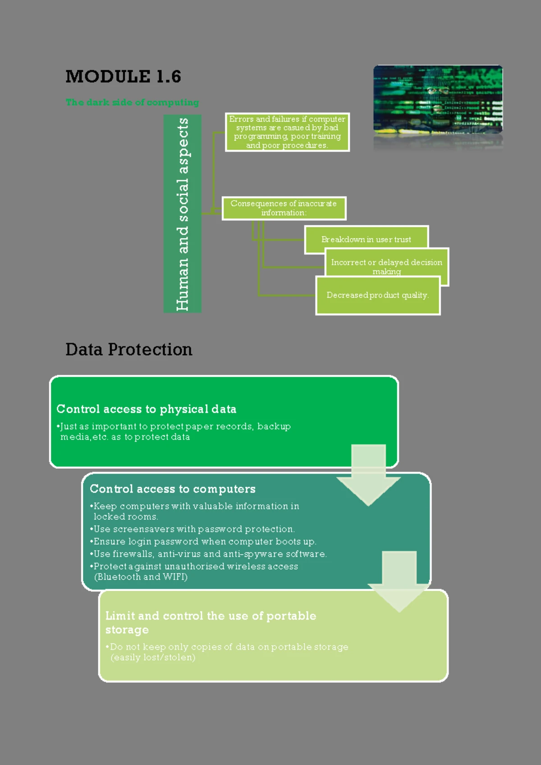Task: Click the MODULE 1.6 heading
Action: point(123,77)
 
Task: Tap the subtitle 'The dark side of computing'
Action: point(132,102)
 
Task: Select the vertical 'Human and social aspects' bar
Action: point(182,213)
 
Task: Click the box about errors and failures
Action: point(287,132)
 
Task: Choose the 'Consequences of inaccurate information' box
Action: point(284,208)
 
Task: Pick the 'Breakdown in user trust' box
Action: point(366,239)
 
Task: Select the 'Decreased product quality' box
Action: point(377,295)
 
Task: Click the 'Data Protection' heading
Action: point(129,350)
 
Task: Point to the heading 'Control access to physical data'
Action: point(146,409)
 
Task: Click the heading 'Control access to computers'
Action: point(172,489)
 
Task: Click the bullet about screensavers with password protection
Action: point(194,529)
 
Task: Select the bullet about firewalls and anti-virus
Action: point(210,554)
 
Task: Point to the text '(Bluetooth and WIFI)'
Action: point(141,577)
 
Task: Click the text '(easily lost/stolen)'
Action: point(153,657)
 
